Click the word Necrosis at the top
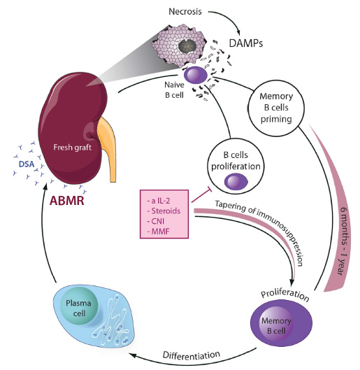185,11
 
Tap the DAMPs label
246,43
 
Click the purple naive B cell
196,75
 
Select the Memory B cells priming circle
276,108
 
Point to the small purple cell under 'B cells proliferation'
236,182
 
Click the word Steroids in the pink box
166,211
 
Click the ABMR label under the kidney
67,201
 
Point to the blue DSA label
27,164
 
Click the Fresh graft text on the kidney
73,148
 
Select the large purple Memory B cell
281,323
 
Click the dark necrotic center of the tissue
187,45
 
